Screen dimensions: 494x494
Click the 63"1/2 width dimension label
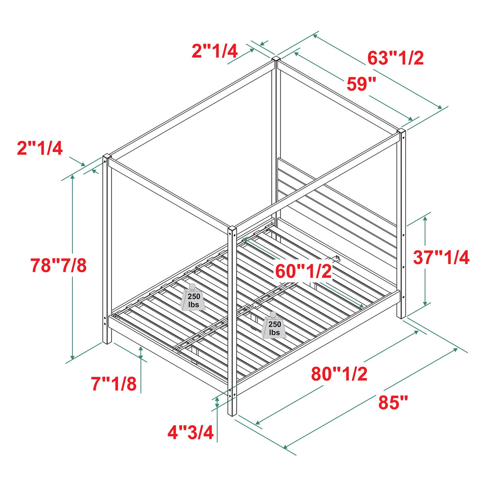[396, 58]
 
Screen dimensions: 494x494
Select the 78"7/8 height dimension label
[59, 265]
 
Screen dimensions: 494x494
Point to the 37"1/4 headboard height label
[441, 258]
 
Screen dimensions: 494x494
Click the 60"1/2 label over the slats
[303, 271]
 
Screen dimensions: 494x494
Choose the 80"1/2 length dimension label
[339, 374]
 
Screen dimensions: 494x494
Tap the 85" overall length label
[393, 403]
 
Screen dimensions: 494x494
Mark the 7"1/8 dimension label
[114, 384]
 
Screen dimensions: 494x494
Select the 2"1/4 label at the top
[214, 51]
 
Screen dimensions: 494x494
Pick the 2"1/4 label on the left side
[40, 148]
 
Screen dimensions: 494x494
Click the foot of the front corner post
[232, 412]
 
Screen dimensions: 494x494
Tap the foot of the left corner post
[107, 341]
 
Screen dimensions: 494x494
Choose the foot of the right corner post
[401, 315]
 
